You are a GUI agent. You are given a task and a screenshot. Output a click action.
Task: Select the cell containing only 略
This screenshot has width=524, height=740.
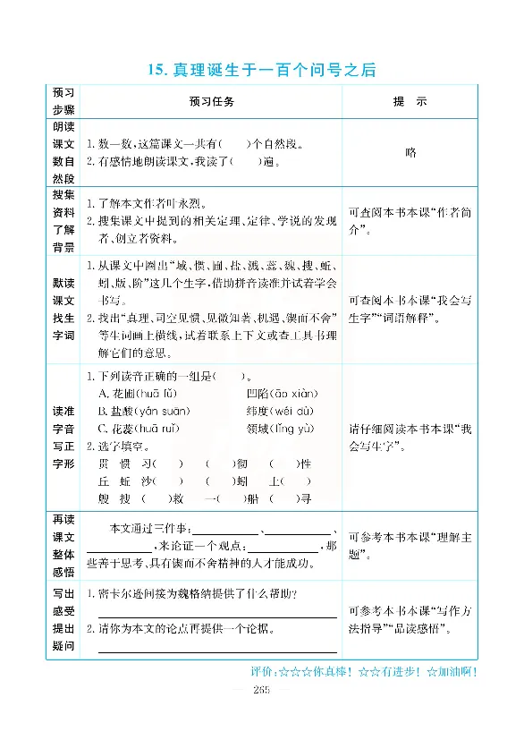click(410, 152)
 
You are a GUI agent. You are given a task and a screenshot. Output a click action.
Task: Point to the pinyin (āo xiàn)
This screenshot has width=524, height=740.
click(299, 394)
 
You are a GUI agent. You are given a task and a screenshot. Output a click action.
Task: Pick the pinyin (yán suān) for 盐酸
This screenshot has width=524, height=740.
click(162, 411)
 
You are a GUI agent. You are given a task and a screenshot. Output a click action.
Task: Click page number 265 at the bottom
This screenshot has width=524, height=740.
click(262, 688)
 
